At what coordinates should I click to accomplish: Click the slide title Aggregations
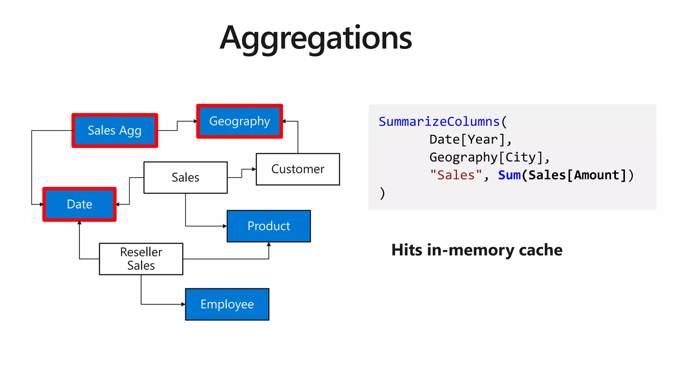[316, 38]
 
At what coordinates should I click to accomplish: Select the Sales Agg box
[115, 130]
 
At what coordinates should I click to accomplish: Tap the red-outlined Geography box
[239, 121]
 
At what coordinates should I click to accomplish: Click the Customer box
[298, 169]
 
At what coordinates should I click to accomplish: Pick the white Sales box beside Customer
[185, 177]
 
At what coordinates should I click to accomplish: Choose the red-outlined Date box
[80, 204]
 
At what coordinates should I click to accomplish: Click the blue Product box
[269, 226]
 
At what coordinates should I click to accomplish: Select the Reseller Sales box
[141, 259]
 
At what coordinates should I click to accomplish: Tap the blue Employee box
[227, 304]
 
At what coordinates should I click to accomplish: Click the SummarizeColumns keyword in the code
[439, 122]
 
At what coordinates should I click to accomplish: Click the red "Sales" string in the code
[456, 175]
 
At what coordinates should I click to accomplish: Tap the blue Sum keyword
[509, 175]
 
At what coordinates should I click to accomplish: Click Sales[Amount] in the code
[577, 175]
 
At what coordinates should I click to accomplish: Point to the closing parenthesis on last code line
[382, 193]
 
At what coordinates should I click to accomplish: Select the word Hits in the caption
[407, 250]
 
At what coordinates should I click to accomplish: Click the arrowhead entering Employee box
[183, 304]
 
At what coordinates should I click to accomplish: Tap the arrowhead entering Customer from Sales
[254, 169]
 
